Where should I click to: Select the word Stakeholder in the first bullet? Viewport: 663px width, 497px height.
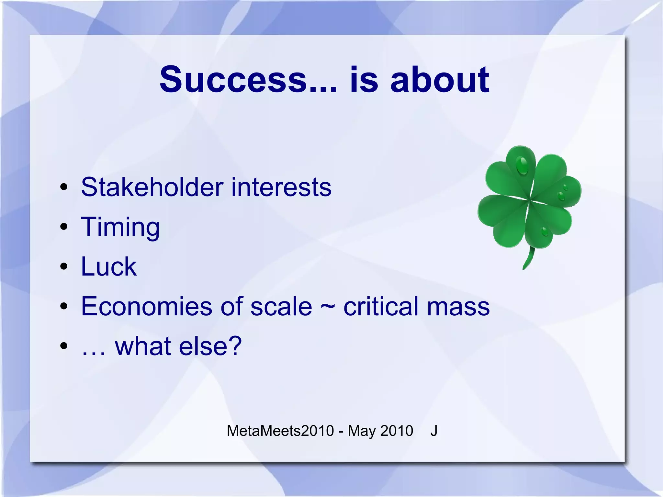pos(152,187)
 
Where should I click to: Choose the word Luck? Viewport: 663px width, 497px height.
pos(108,266)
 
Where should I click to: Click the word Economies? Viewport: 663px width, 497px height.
pos(146,306)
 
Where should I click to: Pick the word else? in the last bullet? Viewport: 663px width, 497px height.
pos(210,346)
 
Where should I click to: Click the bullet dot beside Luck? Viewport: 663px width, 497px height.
pos(64,266)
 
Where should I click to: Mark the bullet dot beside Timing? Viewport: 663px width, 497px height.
pos(64,227)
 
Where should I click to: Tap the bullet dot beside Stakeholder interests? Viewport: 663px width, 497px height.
pos(64,187)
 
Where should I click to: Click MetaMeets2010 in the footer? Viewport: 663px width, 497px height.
pos(280,431)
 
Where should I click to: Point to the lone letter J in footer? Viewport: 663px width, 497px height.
pos(434,431)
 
